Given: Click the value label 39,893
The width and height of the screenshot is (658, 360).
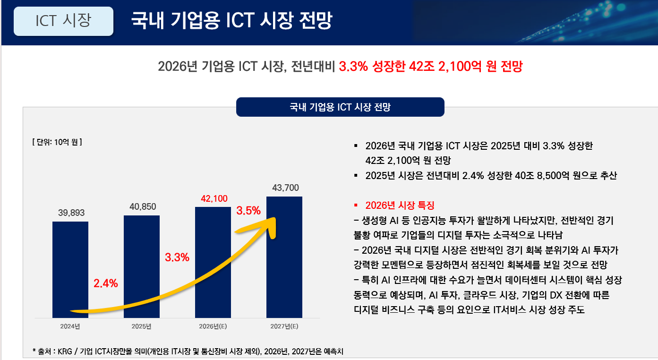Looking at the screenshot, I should pyautogui.click(x=71, y=213).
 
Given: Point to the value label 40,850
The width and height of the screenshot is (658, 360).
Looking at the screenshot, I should pyautogui.click(x=142, y=206).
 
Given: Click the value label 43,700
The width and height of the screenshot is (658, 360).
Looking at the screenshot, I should pyautogui.click(x=285, y=188).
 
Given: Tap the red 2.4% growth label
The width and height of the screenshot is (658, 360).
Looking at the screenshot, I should pyautogui.click(x=106, y=283).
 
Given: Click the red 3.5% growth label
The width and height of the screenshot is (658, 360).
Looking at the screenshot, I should pyautogui.click(x=248, y=211).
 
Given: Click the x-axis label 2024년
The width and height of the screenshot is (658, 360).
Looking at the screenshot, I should pyautogui.click(x=70, y=326).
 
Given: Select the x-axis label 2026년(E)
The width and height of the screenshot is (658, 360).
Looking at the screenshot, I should pyautogui.click(x=214, y=326).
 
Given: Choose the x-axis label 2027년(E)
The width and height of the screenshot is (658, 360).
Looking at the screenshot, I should pyautogui.click(x=284, y=326).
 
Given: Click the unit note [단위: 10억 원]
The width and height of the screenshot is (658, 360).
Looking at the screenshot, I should pyautogui.click(x=57, y=141).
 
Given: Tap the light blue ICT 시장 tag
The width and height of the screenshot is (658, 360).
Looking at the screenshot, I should pyautogui.click(x=63, y=21).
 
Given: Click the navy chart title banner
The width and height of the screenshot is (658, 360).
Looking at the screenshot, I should pyautogui.click(x=340, y=107).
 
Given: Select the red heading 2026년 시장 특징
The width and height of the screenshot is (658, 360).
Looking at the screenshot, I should pyautogui.click(x=400, y=206).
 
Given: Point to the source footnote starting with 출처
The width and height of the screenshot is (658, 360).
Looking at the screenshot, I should pyautogui.click(x=194, y=351).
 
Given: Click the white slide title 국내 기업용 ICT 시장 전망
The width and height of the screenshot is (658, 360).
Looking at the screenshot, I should pyautogui.click(x=231, y=22).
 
